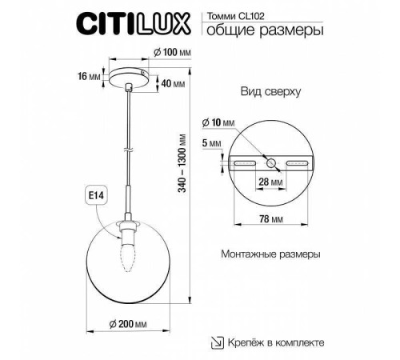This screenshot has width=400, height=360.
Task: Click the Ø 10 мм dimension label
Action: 218,122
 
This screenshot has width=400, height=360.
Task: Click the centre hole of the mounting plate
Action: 273,162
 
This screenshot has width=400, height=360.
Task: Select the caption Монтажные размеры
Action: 270,254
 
